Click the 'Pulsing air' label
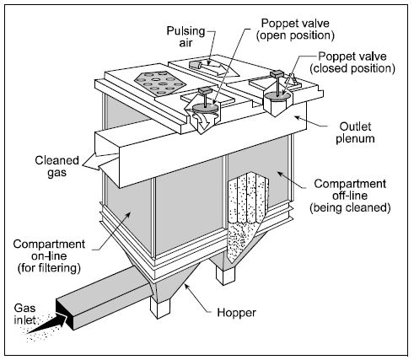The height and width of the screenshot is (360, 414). [185, 36]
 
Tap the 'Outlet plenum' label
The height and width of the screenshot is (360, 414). [355, 132]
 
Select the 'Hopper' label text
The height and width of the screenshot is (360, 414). [236, 313]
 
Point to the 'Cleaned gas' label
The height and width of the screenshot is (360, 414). [57, 166]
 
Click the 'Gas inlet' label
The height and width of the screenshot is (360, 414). [25, 314]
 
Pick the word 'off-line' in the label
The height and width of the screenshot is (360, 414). [350, 196]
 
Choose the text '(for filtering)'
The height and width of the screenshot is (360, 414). [49, 268]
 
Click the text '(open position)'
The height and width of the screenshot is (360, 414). [295, 35]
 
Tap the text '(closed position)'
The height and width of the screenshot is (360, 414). [352, 68]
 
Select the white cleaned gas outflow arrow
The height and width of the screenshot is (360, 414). [100, 161]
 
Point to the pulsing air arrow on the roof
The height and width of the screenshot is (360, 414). [214, 67]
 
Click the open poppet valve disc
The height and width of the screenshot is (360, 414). [206, 108]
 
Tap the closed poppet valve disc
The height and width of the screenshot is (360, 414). [277, 95]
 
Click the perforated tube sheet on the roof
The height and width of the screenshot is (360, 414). [160, 83]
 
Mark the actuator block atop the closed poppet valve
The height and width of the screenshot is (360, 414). [277, 74]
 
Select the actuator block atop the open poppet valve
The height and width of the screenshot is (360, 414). [206, 91]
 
